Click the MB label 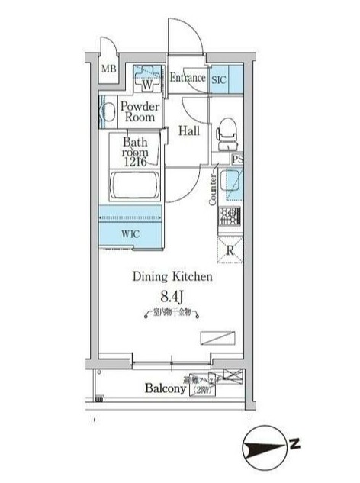coord(108,70)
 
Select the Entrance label coord(187,78)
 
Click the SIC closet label coord(219,78)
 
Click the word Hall coord(189,131)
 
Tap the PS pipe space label coord(238,160)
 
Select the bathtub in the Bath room coord(134,186)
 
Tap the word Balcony coord(166,388)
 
